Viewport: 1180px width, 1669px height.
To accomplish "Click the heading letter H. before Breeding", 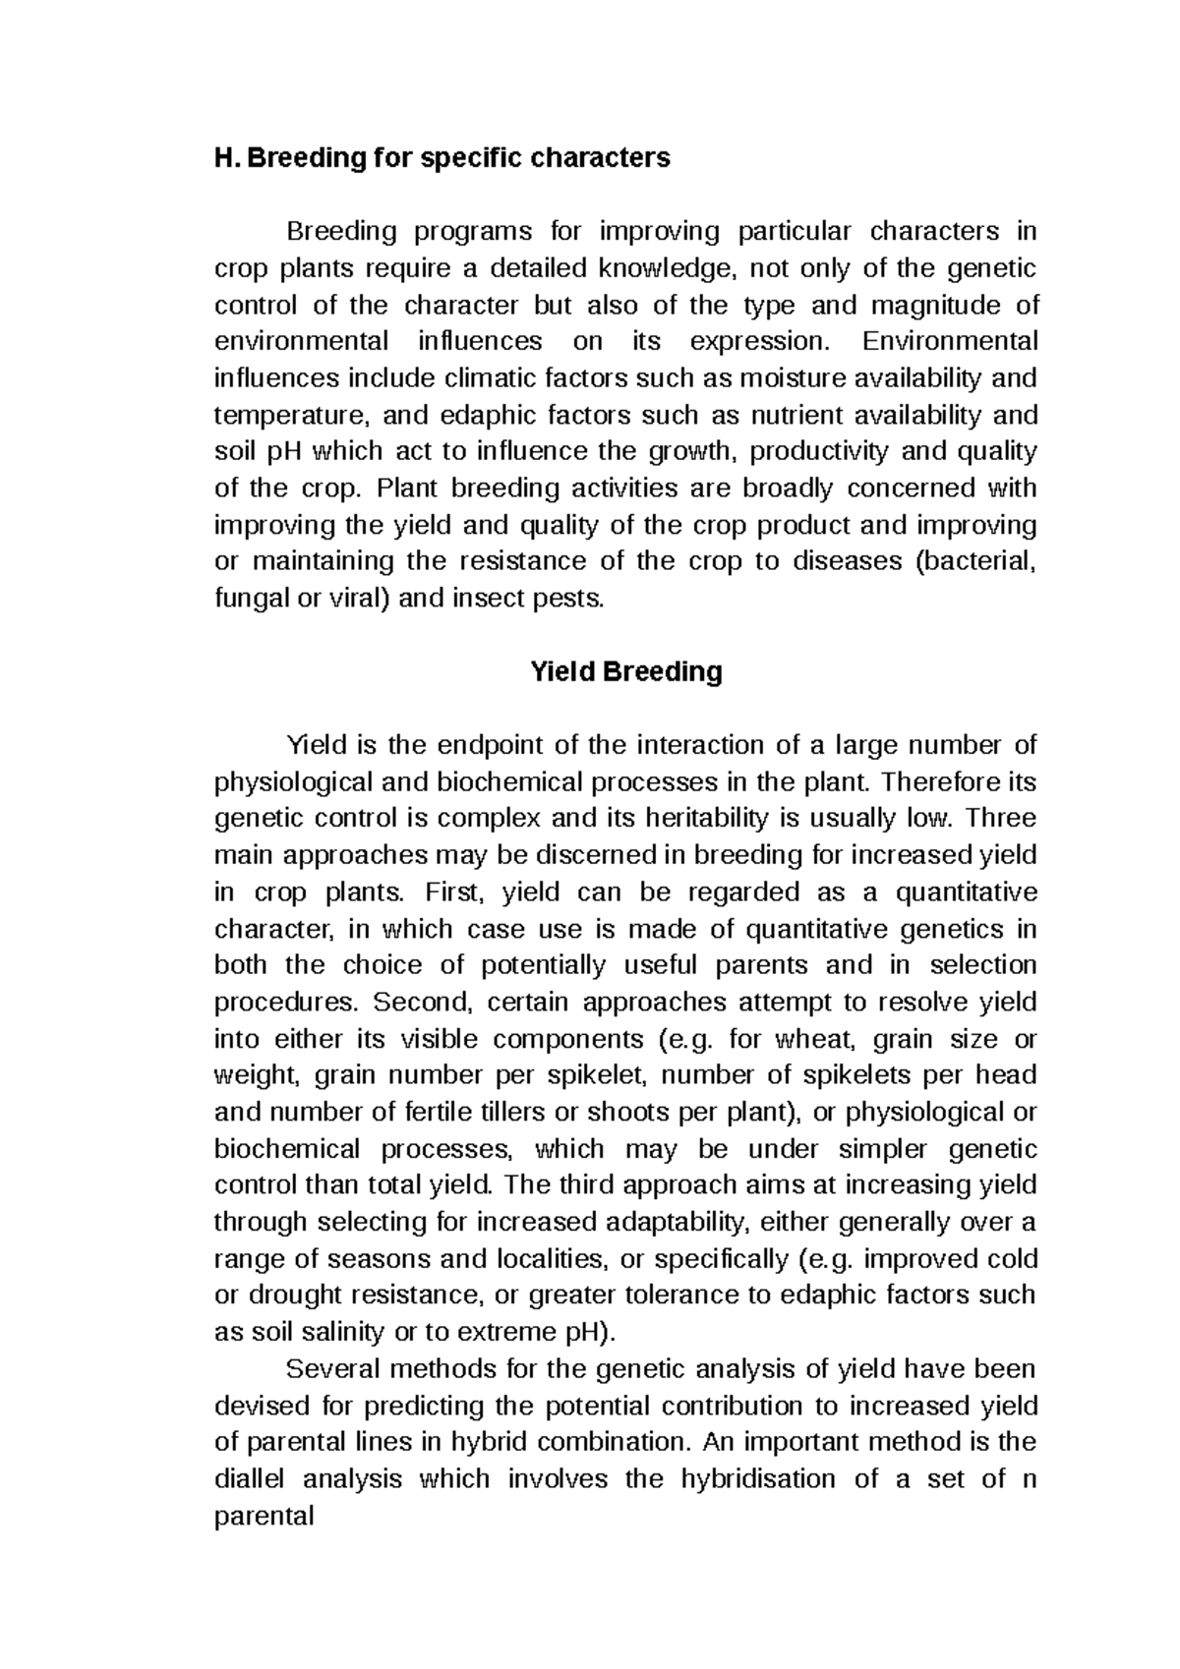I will pyautogui.click(x=226, y=157).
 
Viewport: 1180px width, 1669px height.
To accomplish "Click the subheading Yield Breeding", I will pyautogui.click(x=625, y=672).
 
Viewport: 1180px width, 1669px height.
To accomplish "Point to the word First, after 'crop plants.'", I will pyautogui.click(x=456, y=892).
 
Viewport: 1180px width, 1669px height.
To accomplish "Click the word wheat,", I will pyautogui.click(x=815, y=1040).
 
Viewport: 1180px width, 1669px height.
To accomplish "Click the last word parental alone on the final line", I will pyautogui.click(x=264, y=1517).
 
